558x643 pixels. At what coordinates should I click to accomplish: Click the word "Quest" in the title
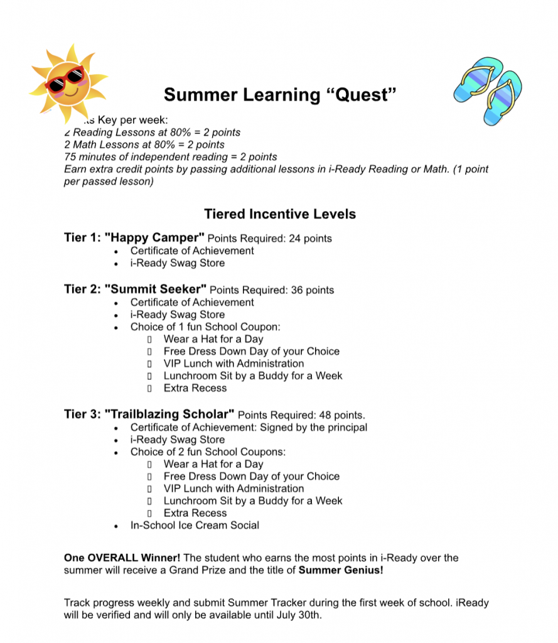coord(362,95)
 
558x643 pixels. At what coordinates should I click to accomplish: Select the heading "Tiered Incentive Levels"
coord(280,214)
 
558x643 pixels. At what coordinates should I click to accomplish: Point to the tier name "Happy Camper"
coord(154,238)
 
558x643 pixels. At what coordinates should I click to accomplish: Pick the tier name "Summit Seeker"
coord(156,289)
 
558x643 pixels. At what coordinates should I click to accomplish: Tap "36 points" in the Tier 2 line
coord(312,290)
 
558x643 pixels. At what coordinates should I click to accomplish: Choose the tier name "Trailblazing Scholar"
coord(169,414)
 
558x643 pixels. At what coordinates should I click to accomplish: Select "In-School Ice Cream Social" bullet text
coord(195,526)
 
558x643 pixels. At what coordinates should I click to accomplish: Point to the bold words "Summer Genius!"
coord(340,570)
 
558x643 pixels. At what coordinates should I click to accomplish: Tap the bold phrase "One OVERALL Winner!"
coord(122,558)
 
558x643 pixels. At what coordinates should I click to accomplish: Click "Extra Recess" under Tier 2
coord(195,388)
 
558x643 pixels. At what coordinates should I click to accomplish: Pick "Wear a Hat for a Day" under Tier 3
coord(213,464)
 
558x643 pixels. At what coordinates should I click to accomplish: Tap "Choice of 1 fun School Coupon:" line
coord(205,327)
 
